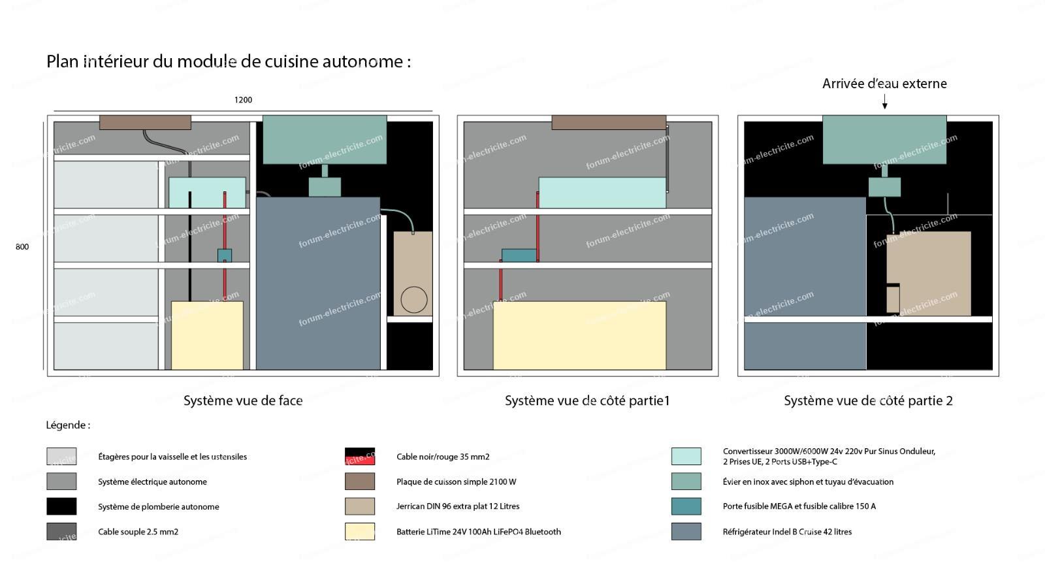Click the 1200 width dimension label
[243, 100]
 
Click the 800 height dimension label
[22, 247]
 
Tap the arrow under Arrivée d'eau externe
[884, 102]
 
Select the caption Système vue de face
[243, 401]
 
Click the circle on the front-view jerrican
[413, 300]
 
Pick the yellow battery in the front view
[207, 335]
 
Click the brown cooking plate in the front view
[145, 122]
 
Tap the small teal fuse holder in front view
[224, 255]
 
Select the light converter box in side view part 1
[602, 193]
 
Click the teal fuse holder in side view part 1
[519, 255]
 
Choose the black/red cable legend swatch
[360, 456]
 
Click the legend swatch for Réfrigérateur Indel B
[686, 531]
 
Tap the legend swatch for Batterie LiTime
[360, 531]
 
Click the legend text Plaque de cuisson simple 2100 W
[456, 482]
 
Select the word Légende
[67, 425]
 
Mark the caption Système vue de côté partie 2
[868, 401]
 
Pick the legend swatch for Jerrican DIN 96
[360, 506]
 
